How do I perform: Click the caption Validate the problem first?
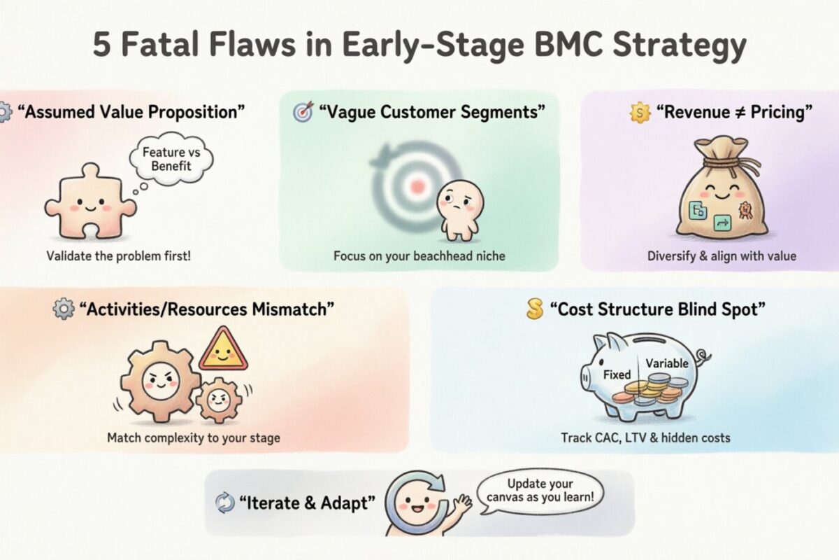pyautogui.click(x=118, y=255)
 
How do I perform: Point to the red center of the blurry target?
pyautogui.click(x=417, y=186)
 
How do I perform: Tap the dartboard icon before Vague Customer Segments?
pyautogui.click(x=303, y=111)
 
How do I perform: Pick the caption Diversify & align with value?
pyautogui.click(x=722, y=256)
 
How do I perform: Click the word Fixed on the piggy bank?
pyautogui.click(x=617, y=374)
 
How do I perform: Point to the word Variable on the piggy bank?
pyautogui.click(x=666, y=363)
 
